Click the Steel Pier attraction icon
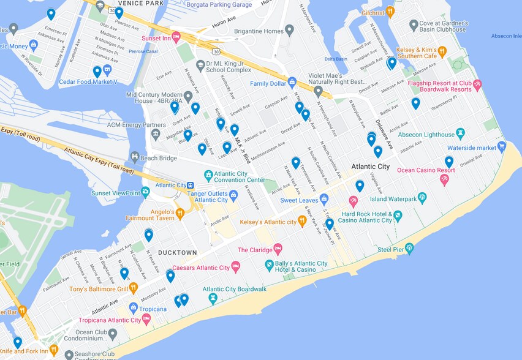coord(409,248)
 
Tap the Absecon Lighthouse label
coord(426,135)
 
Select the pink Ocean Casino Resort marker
coord(444,179)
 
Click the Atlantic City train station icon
coord(191,186)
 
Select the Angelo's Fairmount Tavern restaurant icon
coord(180,214)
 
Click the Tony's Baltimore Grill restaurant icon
coord(133,288)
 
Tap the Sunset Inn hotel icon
coord(176,37)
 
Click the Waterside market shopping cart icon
coord(502,147)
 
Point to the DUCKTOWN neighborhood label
coord(178,252)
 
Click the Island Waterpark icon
coord(422,198)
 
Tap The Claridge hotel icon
coord(278,249)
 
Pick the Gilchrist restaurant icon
coord(390,12)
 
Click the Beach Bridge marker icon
coord(134,157)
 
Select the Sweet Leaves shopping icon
coord(324,200)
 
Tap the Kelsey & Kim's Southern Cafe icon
coord(442,51)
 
